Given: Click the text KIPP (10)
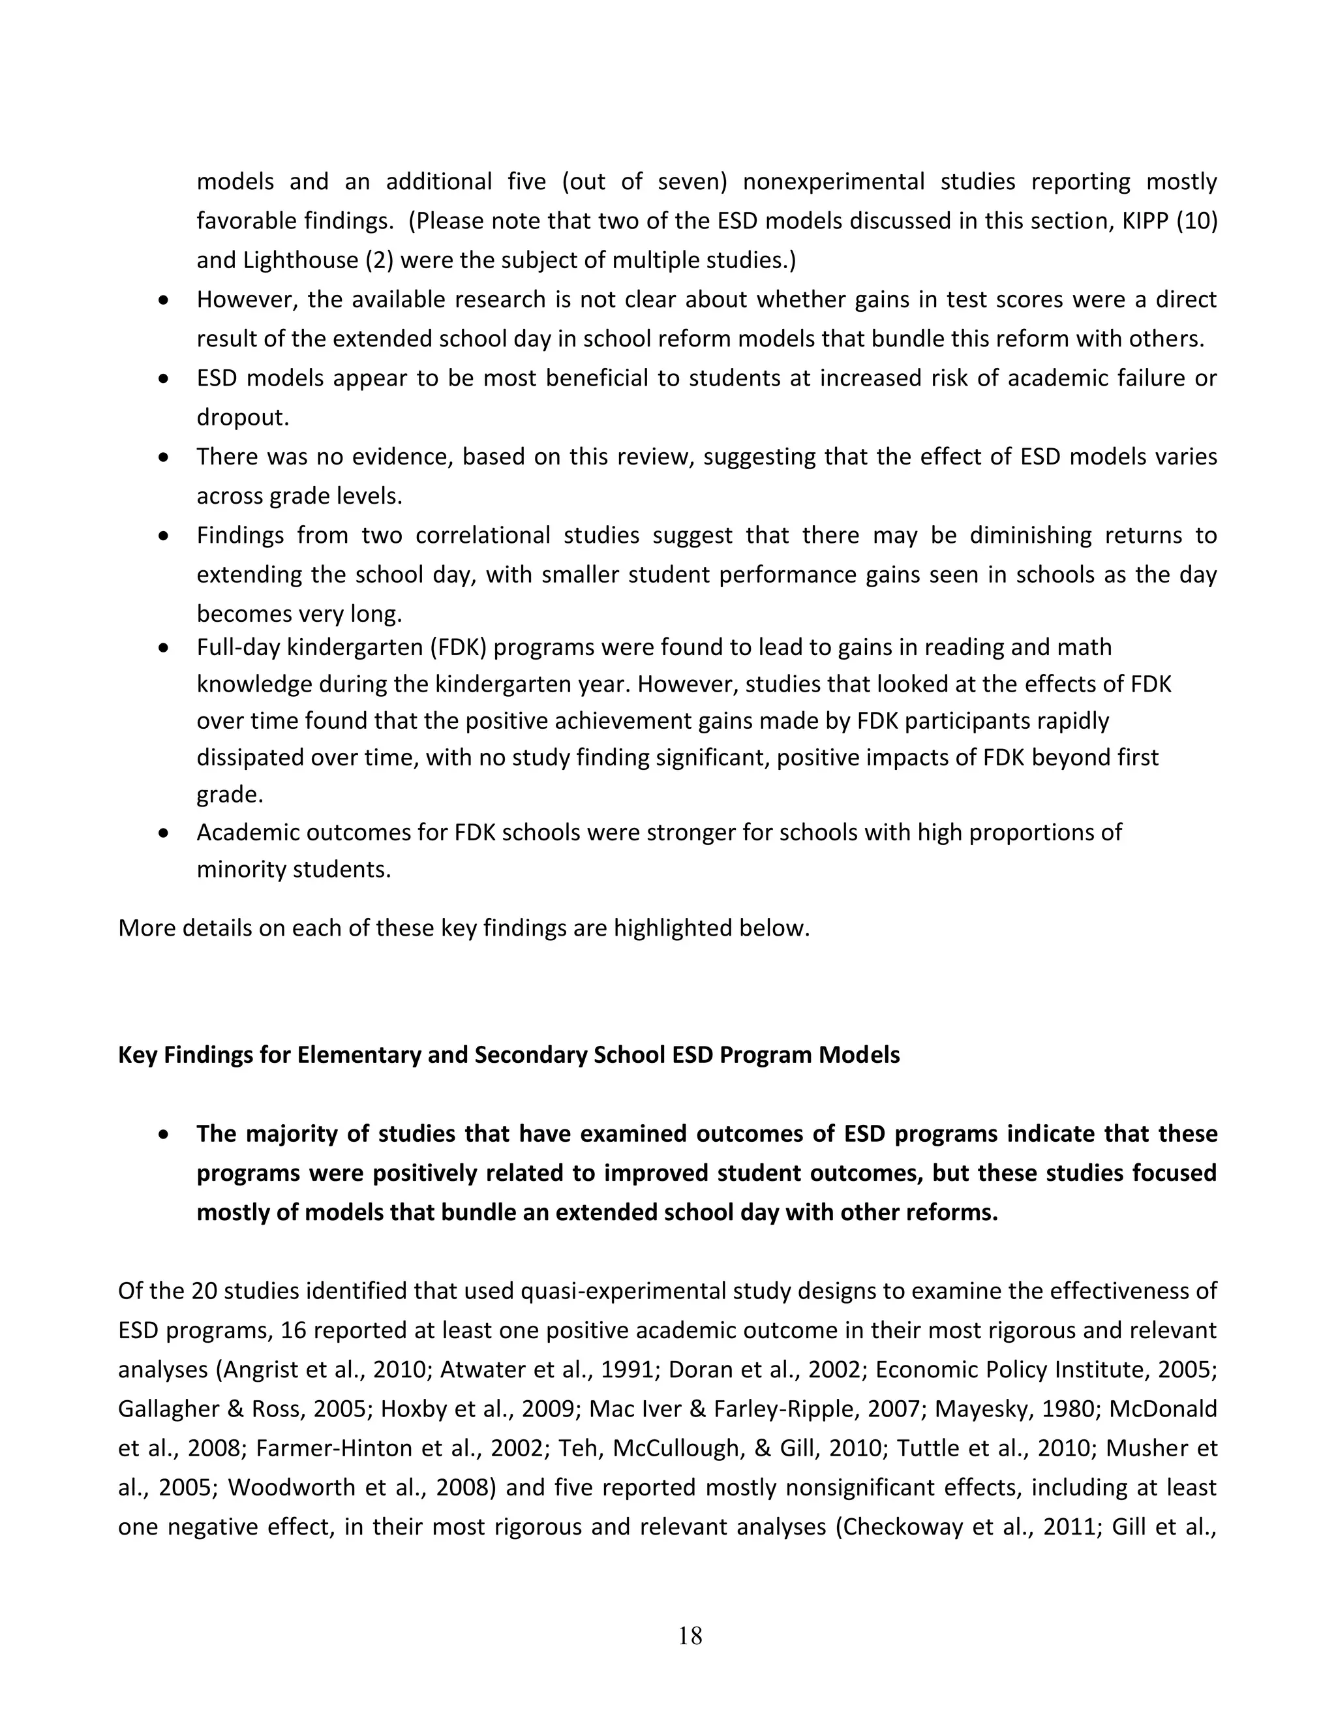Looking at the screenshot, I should (1168, 221).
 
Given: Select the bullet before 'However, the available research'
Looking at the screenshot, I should (163, 301).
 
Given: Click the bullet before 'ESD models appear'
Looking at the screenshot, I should (163, 379).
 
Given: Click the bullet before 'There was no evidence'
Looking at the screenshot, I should (163, 457).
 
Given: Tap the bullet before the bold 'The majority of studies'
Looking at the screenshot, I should (163, 1135).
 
